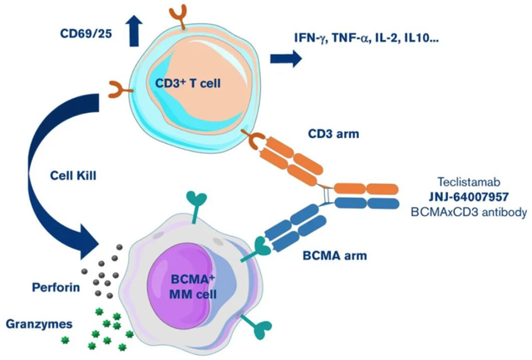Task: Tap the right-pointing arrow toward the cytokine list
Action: point(284,58)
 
